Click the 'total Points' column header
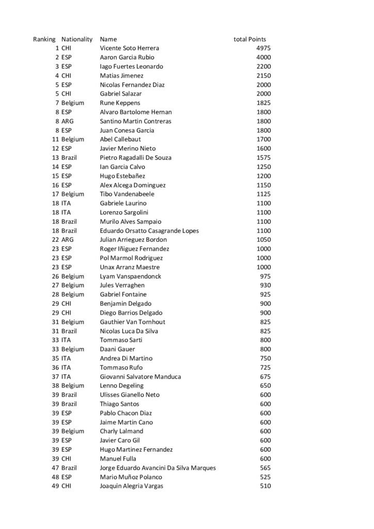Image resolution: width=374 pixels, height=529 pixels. tap(250, 39)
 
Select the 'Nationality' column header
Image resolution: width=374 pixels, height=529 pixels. tap(77, 39)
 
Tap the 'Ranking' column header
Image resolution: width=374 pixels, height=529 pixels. tap(44, 39)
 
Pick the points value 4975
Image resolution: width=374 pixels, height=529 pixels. tap(263, 48)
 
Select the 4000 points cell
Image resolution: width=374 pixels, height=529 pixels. tap(263, 57)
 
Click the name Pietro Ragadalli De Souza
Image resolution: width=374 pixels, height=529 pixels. tap(135, 158)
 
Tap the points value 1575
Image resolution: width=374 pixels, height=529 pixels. tap(263, 158)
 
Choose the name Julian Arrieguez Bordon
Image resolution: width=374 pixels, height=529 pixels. tap(133, 240)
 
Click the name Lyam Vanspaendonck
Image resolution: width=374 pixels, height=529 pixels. tap(130, 276)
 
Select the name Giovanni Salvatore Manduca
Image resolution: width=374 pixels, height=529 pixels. tap(141, 377)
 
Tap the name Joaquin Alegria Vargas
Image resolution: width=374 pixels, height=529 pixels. tap(132, 486)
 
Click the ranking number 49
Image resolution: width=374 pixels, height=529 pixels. tap(55, 486)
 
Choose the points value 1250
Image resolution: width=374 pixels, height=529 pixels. tap(263, 167)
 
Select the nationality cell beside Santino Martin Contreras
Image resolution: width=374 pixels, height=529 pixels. tap(67, 121)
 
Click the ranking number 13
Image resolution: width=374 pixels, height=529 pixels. tap(55, 158)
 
